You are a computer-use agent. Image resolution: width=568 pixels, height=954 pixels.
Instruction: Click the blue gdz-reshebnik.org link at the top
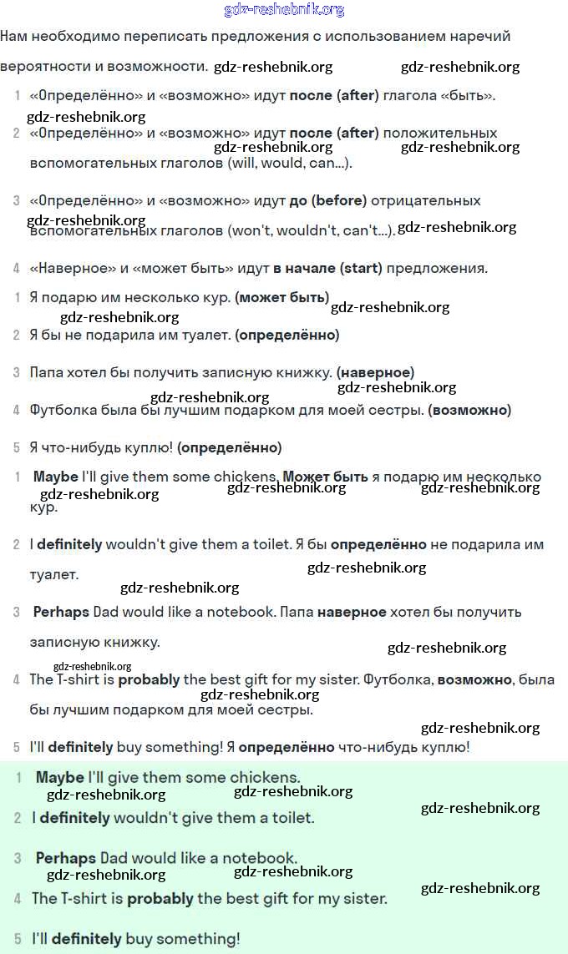284,10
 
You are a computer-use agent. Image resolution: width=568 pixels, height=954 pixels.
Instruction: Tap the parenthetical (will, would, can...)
290,163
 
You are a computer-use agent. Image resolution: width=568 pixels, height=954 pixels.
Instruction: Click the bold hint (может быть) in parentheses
282,297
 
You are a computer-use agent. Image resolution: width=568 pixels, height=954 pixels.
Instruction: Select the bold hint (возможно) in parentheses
469,410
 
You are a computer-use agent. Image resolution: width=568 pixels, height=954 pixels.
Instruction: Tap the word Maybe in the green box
60,777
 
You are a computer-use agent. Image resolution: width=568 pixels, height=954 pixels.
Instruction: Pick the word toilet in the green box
290,818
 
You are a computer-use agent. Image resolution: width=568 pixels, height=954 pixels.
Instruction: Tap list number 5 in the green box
18,939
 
